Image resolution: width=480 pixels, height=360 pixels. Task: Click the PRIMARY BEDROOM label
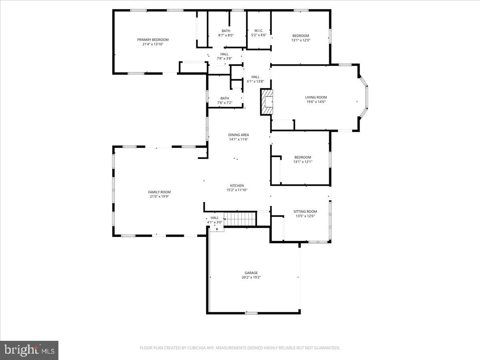point(153,40)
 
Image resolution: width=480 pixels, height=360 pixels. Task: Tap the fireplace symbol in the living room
point(266,102)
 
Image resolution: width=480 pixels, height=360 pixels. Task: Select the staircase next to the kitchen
point(240,219)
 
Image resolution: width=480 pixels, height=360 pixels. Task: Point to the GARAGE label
point(251,273)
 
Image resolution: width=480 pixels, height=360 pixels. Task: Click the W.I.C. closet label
point(258,30)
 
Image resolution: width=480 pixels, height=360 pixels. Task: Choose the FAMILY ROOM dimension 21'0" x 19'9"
point(159,196)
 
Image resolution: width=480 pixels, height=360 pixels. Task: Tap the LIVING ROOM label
point(316,97)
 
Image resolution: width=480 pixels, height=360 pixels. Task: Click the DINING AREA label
point(239,135)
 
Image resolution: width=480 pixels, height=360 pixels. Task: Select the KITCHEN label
point(237,186)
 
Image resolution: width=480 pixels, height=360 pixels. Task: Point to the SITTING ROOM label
point(305,212)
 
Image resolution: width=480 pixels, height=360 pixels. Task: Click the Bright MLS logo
point(29,350)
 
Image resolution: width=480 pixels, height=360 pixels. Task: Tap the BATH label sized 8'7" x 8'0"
point(226,31)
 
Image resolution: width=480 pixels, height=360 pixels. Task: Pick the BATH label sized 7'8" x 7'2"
point(225,98)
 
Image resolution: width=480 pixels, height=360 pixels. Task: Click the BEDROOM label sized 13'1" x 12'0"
point(301,36)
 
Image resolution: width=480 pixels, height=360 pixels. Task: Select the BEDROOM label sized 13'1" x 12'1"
point(302,157)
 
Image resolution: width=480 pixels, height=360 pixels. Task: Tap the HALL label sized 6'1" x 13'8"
point(255,77)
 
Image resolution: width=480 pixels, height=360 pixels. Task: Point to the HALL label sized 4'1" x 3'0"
point(215,218)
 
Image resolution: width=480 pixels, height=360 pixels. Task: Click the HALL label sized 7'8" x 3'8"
point(224,54)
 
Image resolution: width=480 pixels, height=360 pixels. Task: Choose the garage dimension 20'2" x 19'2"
point(251,278)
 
